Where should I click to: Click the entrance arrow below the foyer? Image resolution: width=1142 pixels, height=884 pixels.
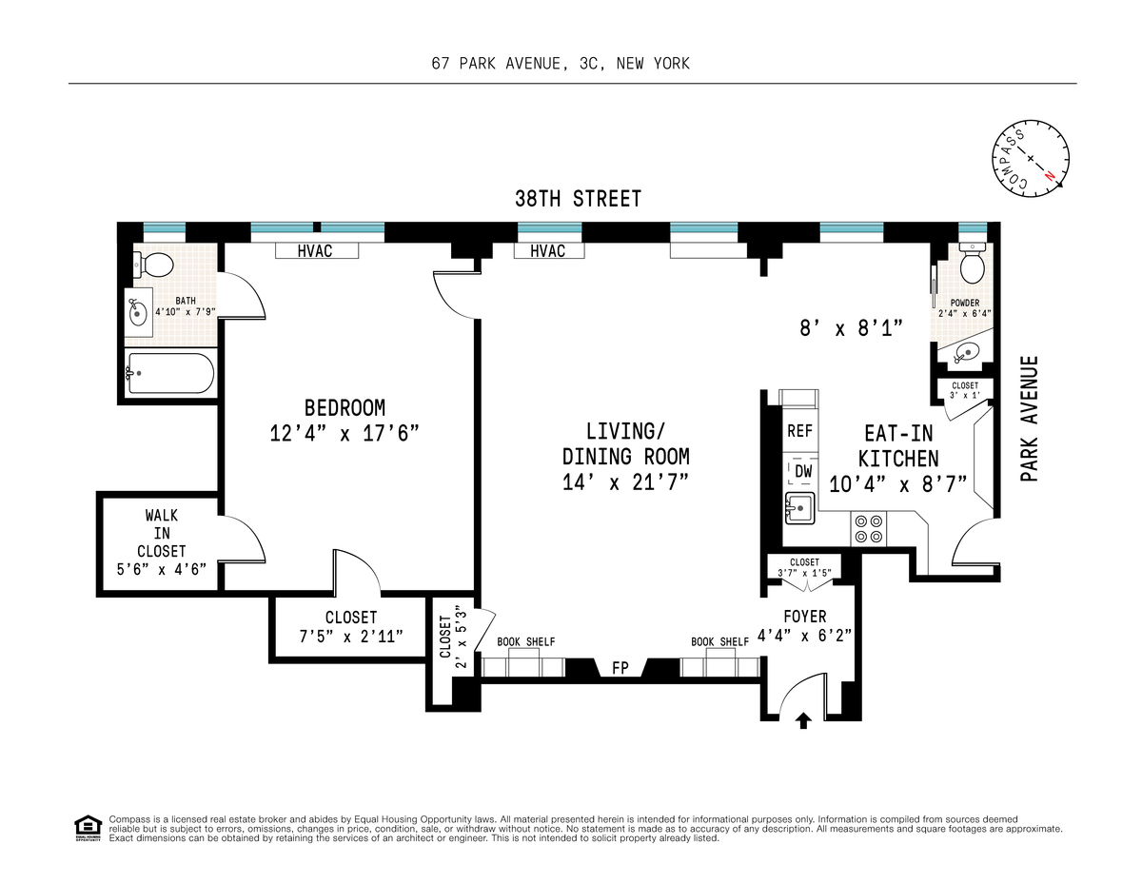[x=802, y=720]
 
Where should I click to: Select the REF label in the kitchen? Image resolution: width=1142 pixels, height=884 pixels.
[x=799, y=431]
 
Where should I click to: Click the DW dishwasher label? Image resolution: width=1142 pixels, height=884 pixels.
[x=803, y=472]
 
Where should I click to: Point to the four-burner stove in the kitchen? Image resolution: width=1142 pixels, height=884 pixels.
[x=868, y=529]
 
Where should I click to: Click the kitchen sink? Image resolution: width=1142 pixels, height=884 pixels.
[x=799, y=508]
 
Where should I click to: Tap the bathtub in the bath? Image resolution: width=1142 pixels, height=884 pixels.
[x=170, y=373]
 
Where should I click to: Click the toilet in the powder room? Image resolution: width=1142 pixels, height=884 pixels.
[x=972, y=264]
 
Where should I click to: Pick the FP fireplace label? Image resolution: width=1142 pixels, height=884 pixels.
[x=620, y=668]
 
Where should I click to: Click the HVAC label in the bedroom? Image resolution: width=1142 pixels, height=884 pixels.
[x=315, y=251]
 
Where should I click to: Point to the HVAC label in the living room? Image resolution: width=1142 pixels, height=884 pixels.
[x=547, y=251]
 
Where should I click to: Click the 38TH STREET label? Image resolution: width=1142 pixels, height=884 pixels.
[x=578, y=199]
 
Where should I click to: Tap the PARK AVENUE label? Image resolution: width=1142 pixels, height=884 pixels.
[x=1030, y=419]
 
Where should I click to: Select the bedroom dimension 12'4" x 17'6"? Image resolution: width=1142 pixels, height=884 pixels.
[x=345, y=434]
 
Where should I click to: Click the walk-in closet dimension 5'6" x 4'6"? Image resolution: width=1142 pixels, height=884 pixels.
[x=162, y=569]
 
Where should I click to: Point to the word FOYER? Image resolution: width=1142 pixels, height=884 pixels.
[x=804, y=616]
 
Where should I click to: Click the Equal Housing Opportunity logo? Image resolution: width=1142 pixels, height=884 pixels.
[x=88, y=828]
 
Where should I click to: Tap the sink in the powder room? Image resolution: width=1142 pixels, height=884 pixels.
[x=964, y=351]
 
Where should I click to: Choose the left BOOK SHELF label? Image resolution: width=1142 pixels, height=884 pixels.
[x=526, y=642]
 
